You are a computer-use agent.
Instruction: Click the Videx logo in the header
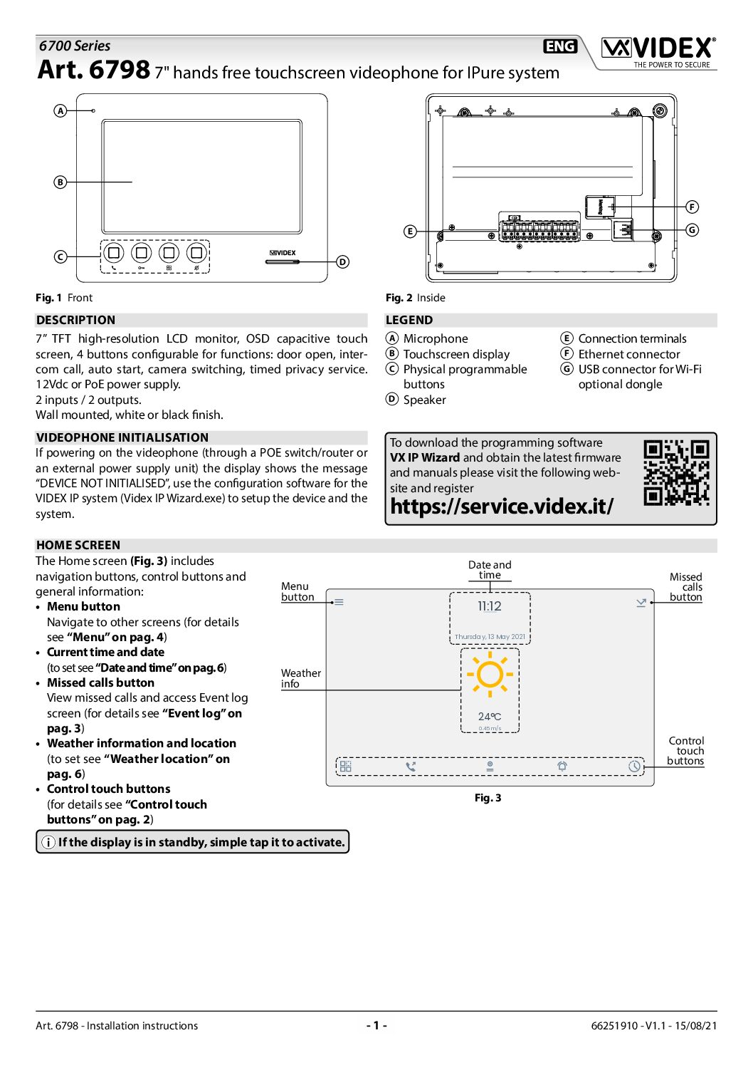(x=658, y=49)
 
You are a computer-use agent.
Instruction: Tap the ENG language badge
(x=560, y=46)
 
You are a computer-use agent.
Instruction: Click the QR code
(x=676, y=472)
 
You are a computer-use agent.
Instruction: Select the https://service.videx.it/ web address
(x=502, y=506)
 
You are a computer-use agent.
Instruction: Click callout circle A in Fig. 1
(x=60, y=110)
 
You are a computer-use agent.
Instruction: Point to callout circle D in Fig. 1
(x=342, y=262)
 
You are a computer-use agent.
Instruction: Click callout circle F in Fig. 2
(x=692, y=207)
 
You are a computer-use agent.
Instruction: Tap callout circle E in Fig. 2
(x=410, y=232)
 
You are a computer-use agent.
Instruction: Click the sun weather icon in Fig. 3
(x=490, y=674)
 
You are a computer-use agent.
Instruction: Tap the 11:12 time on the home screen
(x=490, y=606)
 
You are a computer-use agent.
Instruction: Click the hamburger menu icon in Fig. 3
(x=339, y=602)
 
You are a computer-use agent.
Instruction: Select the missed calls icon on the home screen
(x=641, y=603)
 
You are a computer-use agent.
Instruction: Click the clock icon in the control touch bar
(x=634, y=767)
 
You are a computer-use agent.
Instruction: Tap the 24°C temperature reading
(x=490, y=717)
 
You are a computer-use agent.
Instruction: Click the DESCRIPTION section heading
(x=76, y=321)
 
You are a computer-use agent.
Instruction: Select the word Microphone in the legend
(x=436, y=339)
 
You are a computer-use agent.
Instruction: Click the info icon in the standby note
(x=48, y=842)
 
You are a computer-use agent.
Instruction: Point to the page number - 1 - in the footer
(x=376, y=1026)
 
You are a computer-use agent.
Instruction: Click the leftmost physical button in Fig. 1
(x=114, y=253)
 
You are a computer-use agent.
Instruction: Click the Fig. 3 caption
(x=488, y=798)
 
